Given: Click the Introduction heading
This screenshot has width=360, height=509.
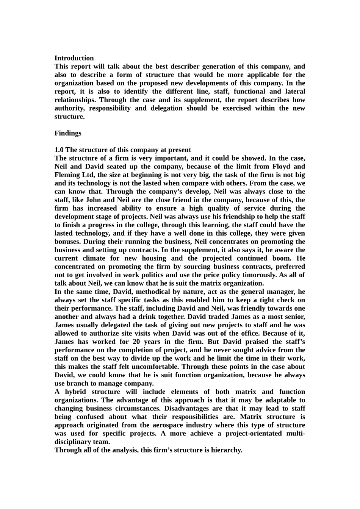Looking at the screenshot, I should tap(74, 58).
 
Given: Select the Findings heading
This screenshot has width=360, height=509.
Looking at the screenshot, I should tap(68, 133).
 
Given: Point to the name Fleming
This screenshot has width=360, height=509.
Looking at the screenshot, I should tap(67, 175).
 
